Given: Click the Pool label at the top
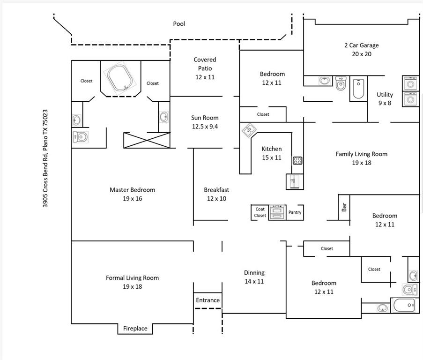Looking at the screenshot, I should tap(179, 23).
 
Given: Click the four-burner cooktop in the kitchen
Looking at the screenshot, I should tap(297, 161).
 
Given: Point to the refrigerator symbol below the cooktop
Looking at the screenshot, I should tap(294, 181).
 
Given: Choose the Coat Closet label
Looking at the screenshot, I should tap(260, 212).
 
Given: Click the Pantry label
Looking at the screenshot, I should tap(295, 212).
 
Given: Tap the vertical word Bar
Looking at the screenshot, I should tap(344, 207).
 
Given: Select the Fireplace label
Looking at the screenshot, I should tap(135, 329).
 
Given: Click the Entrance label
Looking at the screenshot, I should tap(208, 300).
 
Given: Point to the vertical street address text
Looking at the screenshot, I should tap(45, 158).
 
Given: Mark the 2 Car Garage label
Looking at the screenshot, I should tap(361, 45).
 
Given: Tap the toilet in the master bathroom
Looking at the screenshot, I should tap(80, 137).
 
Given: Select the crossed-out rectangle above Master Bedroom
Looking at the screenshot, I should tap(146, 140).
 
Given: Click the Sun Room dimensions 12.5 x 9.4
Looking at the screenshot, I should tap(205, 126).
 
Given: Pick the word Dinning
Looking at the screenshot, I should tap(254, 272).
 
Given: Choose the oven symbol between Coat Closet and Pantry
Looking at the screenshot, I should tap(277, 212).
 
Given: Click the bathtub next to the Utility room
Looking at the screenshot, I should tap(358, 89).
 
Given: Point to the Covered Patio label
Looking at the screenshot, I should tap(205, 64).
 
